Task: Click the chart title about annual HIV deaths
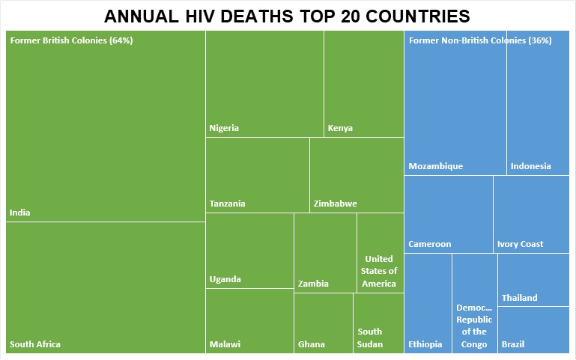coord(288,16)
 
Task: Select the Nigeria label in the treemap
coord(224,128)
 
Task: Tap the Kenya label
coord(340,128)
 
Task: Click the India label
coord(20,213)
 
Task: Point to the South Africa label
coord(35,344)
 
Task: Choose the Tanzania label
coord(228,204)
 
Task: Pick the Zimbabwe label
coord(335,204)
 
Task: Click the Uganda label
coord(225,279)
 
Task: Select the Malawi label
coord(225,344)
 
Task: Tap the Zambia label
coord(313,284)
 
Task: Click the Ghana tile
coord(323,323)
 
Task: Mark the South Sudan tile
coord(378,323)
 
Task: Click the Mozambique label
coord(436,166)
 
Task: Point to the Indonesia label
coord(530,166)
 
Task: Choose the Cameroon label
coord(430,244)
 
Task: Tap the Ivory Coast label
coord(521,244)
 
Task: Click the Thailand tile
coord(533,281)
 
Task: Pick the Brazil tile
coord(533,330)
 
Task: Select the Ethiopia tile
coord(428,303)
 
